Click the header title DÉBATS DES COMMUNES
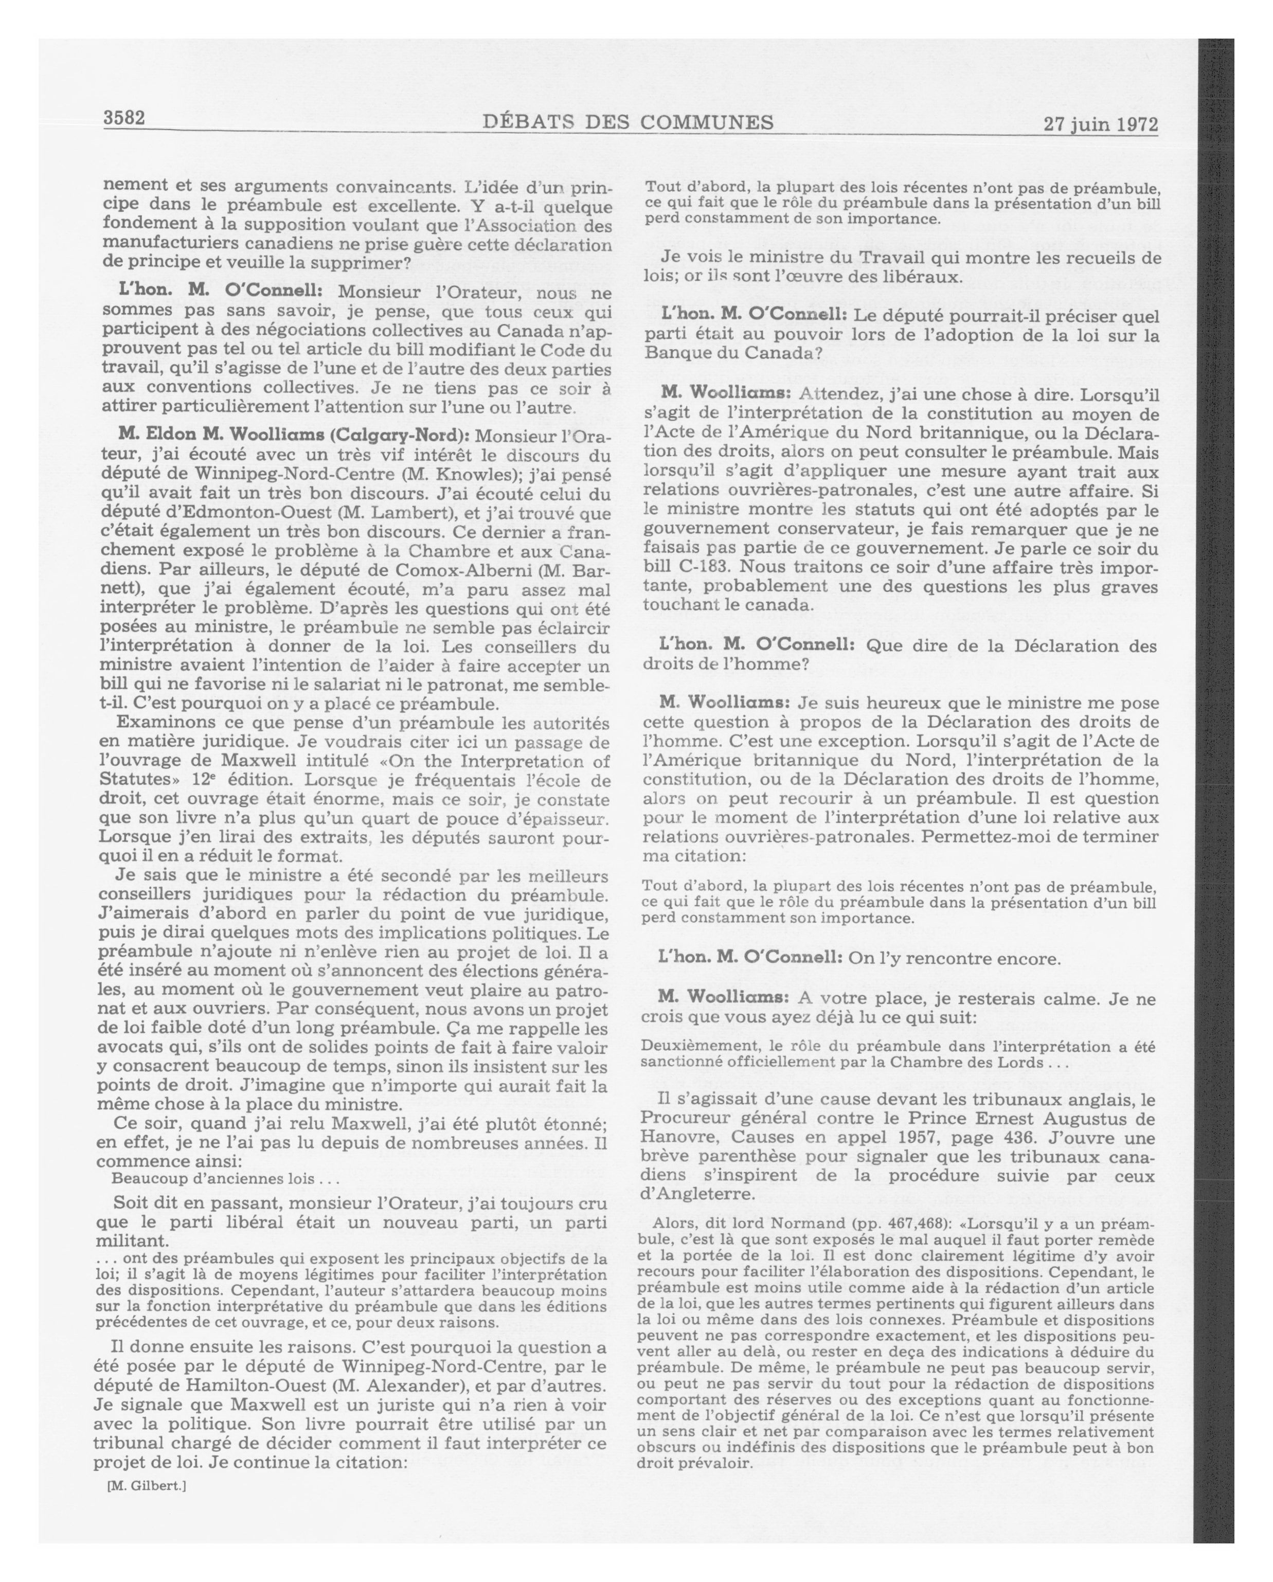tap(627, 122)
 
